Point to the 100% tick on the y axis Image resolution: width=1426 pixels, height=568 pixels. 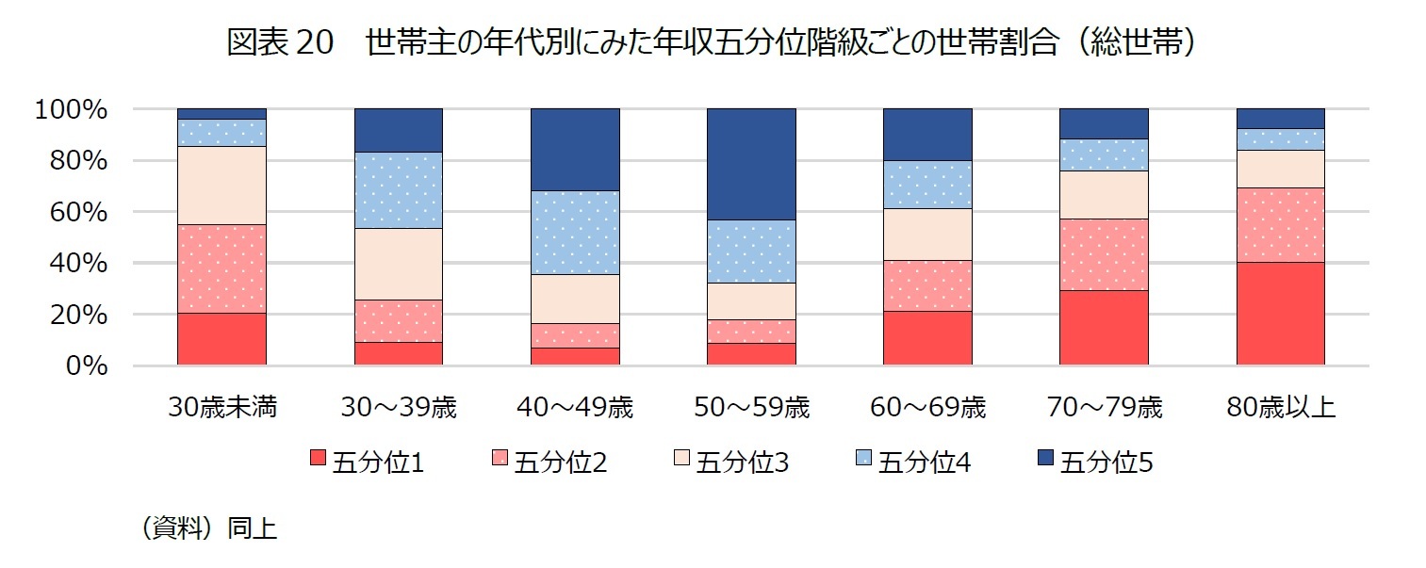(71, 110)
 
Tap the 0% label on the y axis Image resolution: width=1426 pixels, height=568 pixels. (87, 366)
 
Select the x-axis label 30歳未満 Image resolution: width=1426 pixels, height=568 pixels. (222, 408)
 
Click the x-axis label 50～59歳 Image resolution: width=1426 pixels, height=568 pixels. (751, 408)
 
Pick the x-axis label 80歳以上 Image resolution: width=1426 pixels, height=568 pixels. (1281, 408)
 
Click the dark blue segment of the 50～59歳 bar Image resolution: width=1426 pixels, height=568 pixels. (751, 164)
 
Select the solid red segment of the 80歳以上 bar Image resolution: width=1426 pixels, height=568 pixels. (1281, 313)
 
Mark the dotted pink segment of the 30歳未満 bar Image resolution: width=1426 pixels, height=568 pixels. (222, 268)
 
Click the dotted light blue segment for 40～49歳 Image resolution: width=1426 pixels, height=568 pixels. (575, 232)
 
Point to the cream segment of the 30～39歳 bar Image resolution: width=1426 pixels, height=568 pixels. (399, 264)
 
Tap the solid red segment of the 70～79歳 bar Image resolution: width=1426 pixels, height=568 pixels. (1105, 327)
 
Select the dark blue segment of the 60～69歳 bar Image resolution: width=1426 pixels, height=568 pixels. (927, 135)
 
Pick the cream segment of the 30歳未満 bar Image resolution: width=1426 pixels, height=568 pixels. (222, 186)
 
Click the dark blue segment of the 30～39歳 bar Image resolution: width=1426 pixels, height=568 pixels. (399, 130)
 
